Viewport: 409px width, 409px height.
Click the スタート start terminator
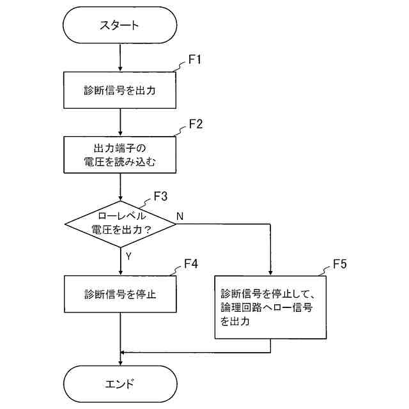[120, 25]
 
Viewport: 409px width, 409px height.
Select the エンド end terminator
[120, 383]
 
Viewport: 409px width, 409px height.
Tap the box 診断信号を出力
[120, 90]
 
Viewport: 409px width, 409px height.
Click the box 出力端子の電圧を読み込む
[120, 155]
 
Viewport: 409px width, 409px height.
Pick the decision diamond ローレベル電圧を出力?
[120, 224]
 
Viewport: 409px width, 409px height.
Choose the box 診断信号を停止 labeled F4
[120, 294]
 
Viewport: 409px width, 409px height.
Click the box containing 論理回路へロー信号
[270, 307]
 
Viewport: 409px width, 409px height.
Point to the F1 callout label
[195, 59]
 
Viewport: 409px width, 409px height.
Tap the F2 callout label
[196, 123]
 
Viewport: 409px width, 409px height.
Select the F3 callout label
[160, 196]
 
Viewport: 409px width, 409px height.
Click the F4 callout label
[191, 264]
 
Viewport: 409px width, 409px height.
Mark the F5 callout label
[340, 264]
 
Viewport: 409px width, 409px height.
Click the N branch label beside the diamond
[180, 216]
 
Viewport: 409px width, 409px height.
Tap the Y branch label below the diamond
[128, 256]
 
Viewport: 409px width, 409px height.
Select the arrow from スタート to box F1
[120, 58]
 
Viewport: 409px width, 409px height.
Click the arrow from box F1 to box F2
[120, 122]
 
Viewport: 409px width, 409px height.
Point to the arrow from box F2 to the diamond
[120, 187]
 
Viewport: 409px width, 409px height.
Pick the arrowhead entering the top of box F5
[270, 273]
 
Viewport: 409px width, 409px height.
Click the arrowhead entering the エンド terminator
[120, 362]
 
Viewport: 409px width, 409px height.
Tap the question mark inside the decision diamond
[148, 230]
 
